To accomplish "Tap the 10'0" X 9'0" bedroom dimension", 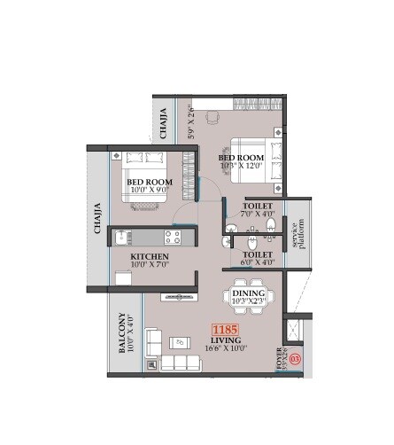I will coord(149,190).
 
